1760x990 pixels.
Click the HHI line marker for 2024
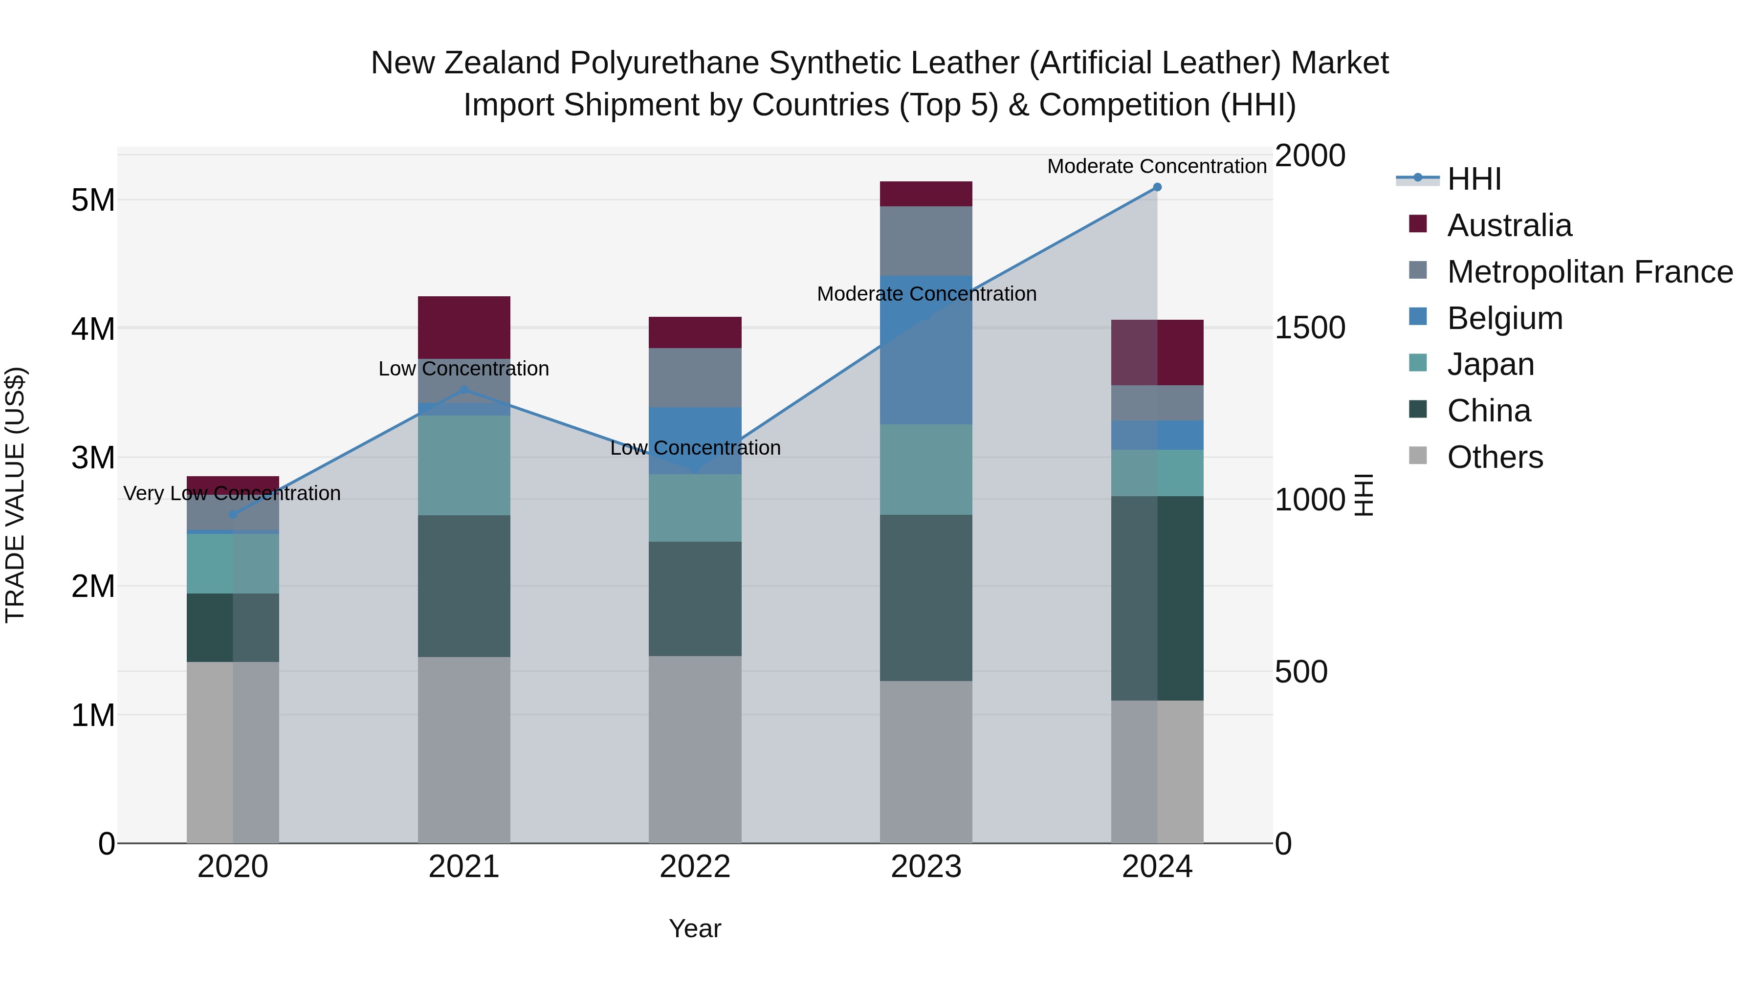click(1157, 187)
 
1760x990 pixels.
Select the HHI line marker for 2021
click(464, 390)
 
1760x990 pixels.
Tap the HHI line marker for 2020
click(233, 514)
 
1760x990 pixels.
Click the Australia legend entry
click(1509, 225)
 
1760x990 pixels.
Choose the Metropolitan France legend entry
click(1590, 272)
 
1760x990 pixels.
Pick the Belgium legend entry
click(1504, 318)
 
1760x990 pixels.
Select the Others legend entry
click(1495, 457)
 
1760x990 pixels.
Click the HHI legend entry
click(1474, 179)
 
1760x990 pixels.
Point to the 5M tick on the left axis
click(93, 200)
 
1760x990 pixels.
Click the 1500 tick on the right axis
click(1310, 328)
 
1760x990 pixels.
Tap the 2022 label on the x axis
click(695, 867)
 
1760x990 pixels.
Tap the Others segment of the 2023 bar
click(926, 761)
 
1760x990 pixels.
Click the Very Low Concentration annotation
click(232, 493)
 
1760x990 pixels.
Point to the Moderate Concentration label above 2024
click(1157, 166)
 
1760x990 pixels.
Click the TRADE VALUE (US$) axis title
click(15, 495)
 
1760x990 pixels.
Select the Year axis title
click(695, 928)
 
